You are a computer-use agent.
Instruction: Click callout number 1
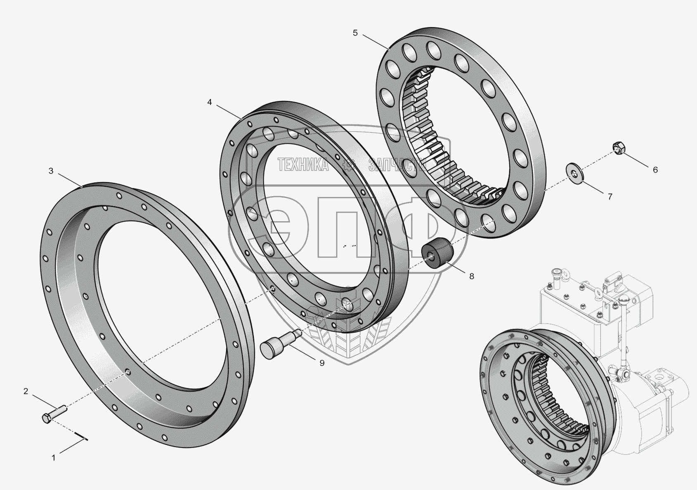pyautogui.click(x=54, y=458)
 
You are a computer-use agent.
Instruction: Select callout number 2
pyautogui.click(x=26, y=391)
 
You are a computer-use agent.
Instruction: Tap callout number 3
pyautogui.click(x=51, y=171)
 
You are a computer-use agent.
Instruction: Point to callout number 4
pyautogui.click(x=209, y=102)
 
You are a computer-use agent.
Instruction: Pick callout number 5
pyautogui.click(x=355, y=33)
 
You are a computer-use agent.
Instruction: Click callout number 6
pyautogui.click(x=655, y=170)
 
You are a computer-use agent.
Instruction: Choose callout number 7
pyautogui.click(x=610, y=197)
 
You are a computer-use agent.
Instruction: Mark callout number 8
pyautogui.click(x=472, y=276)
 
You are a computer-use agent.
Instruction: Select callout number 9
pyautogui.click(x=322, y=363)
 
